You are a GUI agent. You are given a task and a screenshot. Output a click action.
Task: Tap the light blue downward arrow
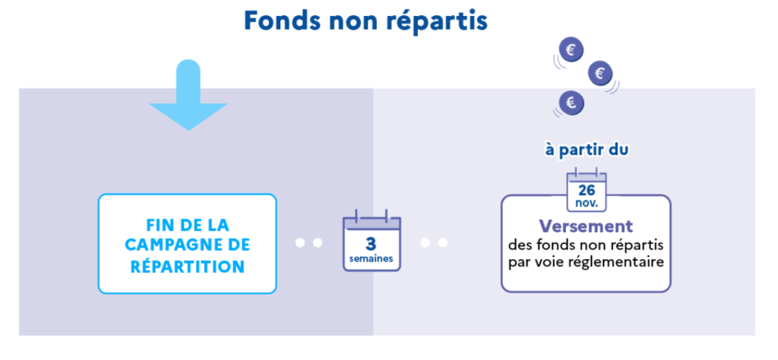(x=187, y=95)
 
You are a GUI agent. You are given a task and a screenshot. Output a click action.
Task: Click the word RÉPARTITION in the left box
(x=187, y=267)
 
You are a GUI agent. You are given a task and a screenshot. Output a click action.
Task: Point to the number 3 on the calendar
(x=371, y=243)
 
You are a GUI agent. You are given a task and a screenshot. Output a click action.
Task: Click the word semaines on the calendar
(x=371, y=258)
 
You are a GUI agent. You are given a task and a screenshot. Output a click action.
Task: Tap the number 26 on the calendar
(x=586, y=189)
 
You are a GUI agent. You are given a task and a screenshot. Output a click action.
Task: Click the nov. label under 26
(x=586, y=204)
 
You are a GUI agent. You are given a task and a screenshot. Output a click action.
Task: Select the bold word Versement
(x=586, y=226)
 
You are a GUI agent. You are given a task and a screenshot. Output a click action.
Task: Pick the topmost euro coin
(x=571, y=50)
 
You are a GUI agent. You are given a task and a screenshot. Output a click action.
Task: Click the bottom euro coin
(x=571, y=102)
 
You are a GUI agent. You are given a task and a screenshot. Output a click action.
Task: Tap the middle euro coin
(x=600, y=74)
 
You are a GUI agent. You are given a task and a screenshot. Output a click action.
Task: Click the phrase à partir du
(x=586, y=150)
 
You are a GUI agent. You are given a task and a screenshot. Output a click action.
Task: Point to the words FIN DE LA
(x=187, y=226)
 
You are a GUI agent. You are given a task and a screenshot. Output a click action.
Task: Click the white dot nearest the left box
(x=301, y=243)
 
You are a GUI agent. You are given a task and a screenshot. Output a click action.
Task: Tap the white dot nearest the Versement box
(x=443, y=243)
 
